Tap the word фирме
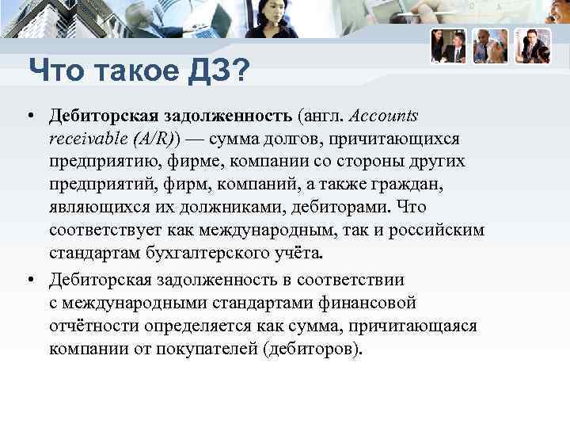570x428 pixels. (x=196, y=162)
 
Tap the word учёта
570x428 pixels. (x=298, y=254)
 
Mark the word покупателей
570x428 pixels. (x=211, y=349)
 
